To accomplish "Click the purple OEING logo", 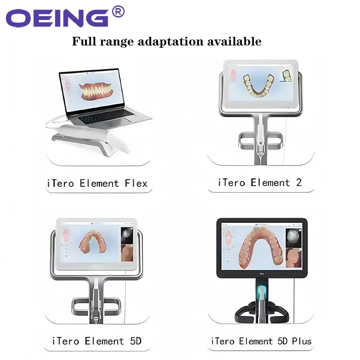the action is tap(57, 18).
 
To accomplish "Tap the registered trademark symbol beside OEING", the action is tap(118, 12).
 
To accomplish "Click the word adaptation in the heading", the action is tap(171, 41).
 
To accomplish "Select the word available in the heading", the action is tap(234, 41).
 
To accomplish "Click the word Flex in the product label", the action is tap(136, 184).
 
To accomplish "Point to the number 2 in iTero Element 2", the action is tap(298, 183).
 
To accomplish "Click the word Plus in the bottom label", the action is tap(301, 341).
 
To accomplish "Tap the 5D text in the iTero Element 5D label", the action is tap(135, 341).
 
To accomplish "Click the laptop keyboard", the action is tap(106, 117).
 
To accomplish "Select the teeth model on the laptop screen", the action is tap(96, 92).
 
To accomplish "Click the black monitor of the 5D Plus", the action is tap(262, 248).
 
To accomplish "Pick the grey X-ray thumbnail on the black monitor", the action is tap(293, 238).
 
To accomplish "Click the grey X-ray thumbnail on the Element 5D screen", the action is tap(127, 235).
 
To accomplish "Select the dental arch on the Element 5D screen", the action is tap(92, 242).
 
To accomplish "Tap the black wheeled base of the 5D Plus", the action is tap(262, 312).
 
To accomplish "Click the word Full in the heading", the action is tap(84, 41).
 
